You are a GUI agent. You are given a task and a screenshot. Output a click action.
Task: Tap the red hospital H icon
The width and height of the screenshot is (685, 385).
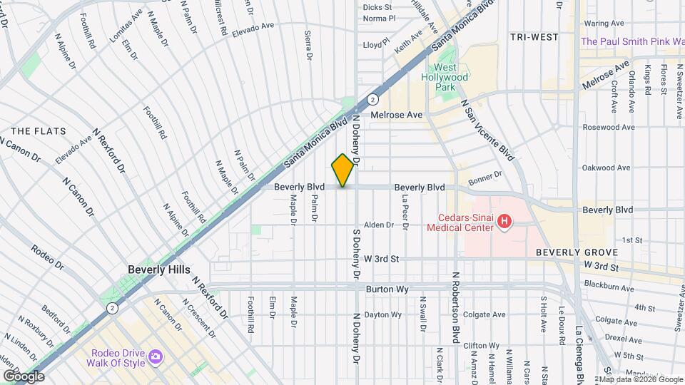(x=504, y=222)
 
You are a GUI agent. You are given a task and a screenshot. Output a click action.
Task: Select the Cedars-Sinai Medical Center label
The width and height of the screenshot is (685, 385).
(x=460, y=222)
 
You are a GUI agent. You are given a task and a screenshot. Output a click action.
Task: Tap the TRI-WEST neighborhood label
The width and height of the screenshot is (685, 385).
(x=534, y=36)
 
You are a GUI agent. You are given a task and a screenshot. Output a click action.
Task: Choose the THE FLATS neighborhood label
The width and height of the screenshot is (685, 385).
(x=39, y=131)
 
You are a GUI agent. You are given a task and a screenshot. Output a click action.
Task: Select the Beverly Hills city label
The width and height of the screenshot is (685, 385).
(x=158, y=270)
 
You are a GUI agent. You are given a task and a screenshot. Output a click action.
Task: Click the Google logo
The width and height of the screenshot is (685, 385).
(x=24, y=376)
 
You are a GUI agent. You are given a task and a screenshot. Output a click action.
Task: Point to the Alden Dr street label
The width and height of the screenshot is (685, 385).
(x=379, y=225)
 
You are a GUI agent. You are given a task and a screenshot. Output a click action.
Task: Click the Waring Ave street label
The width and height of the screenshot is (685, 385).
(x=604, y=23)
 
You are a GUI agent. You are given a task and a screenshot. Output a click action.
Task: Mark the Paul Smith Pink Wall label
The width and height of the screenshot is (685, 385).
(x=632, y=41)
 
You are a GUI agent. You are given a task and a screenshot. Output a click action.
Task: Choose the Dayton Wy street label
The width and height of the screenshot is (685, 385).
(x=383, y=314)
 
